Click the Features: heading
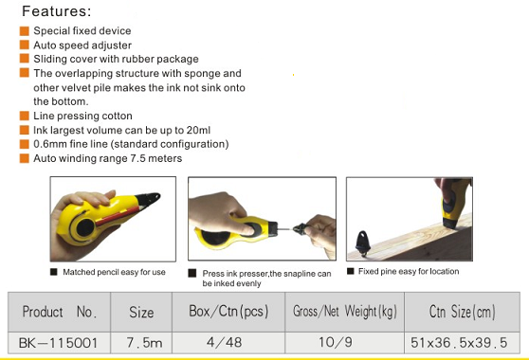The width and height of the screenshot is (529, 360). coord(56,11)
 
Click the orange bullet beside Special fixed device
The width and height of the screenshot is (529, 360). coord(25,31)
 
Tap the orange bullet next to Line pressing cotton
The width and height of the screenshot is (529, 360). coord(25,116)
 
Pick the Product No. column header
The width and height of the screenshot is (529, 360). coord(60,312)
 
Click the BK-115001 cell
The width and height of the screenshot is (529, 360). coord(59,343)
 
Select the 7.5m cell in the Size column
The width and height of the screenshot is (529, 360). coord(144,343)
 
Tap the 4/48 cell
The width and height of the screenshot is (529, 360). coord(224,342)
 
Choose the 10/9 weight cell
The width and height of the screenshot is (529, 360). coord(336,342)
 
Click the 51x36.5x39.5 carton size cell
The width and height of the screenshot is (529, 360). coord(459,343)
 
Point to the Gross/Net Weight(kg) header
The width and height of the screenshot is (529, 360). coord(345,312)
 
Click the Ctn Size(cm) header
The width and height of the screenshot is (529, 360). coord(463,312)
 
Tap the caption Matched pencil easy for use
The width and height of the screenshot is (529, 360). coord(114,272)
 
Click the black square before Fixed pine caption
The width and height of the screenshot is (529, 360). coord(351,271)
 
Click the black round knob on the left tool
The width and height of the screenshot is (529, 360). coord(85,227)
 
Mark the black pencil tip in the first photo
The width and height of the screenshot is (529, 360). coord(149,198)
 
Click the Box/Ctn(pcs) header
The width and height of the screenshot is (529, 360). coord(228,312)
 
